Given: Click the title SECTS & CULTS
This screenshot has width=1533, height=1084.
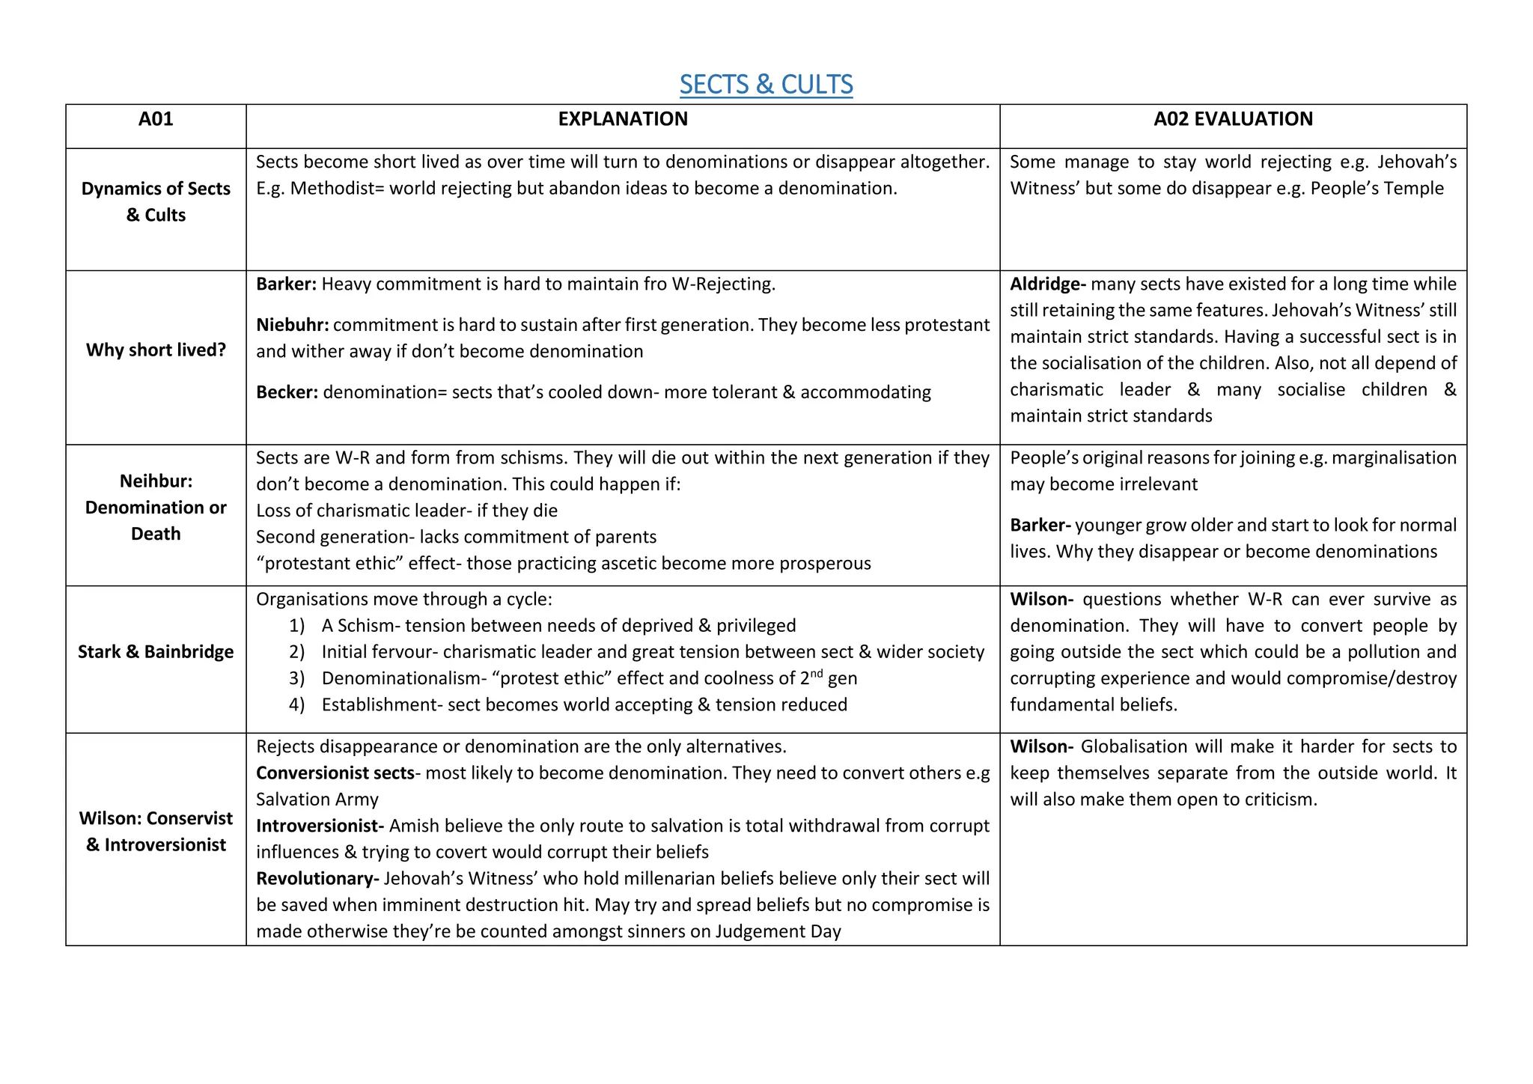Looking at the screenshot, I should click(x=766, y=85).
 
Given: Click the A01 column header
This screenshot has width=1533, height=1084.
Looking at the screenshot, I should click(x=156, y=119).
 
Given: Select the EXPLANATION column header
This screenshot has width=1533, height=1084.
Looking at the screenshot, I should click(x=622, y=119).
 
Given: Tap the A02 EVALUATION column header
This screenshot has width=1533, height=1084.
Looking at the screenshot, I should click(x=1233, y=119).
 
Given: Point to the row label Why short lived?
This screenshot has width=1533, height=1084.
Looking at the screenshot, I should click(x=156, y=350).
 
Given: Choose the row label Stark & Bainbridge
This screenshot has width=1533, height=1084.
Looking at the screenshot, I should click(x=156, y=652).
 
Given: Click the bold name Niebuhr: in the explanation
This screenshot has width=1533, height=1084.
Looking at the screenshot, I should click(x=292, y=325).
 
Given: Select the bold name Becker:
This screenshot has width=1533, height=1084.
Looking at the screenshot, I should click(x=287, y=392).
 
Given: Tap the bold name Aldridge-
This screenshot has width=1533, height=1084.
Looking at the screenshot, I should click(x=1047, y=284).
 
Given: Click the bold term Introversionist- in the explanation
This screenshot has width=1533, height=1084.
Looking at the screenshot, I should click(x=320, y=826).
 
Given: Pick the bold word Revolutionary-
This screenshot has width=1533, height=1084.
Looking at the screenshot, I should click(x=317, y=879).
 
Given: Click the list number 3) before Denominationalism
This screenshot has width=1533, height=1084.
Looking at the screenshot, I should click(x=297, y=678).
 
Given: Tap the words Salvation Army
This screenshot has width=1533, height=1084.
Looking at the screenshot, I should click(x=317, y=800).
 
